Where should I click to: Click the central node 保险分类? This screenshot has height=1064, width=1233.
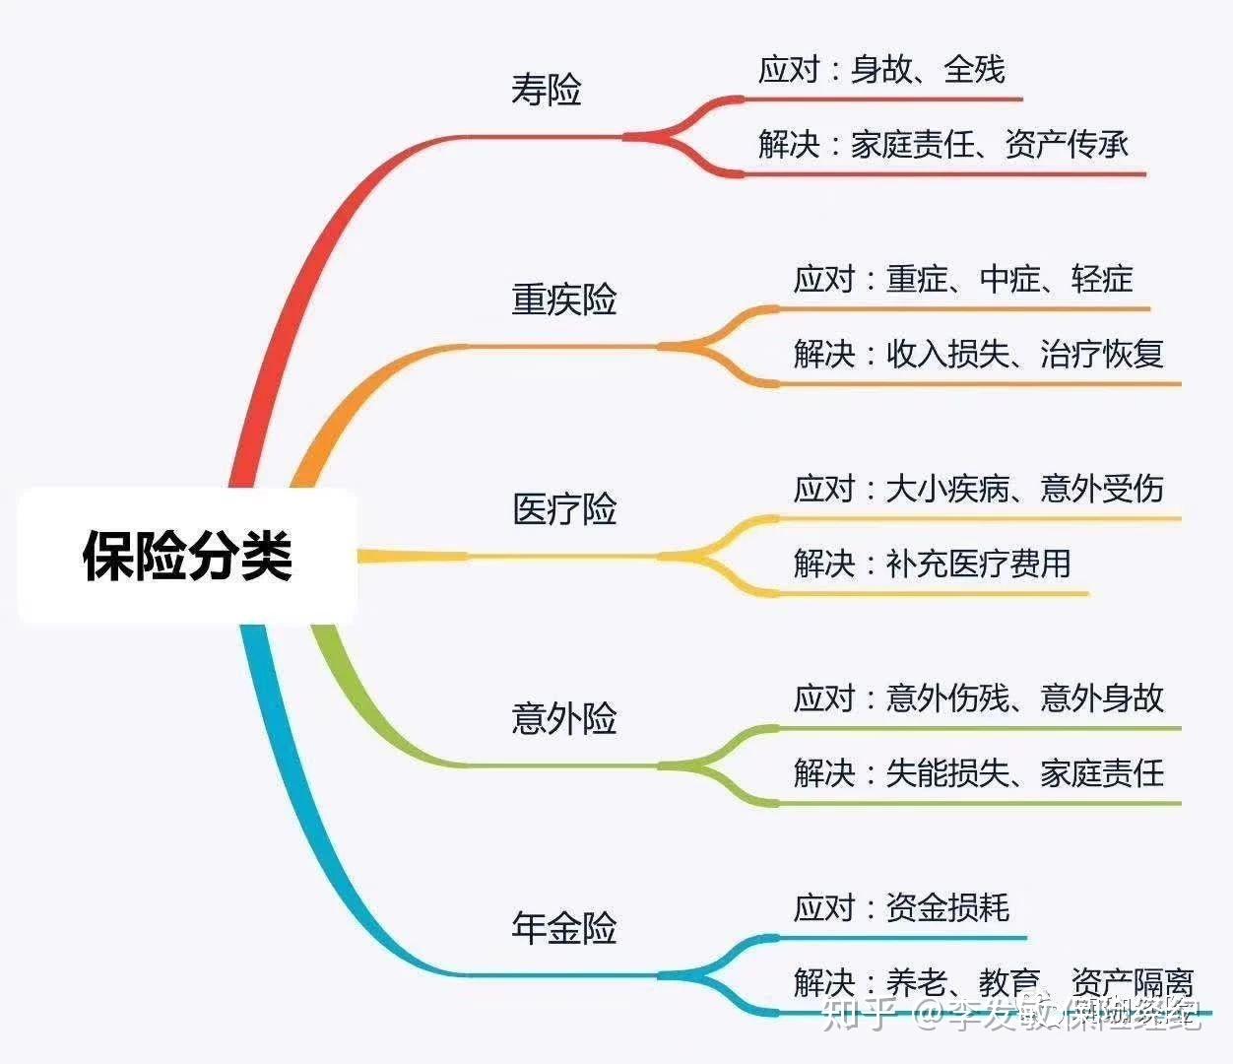187,556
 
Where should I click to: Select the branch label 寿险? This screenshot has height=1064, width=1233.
547,90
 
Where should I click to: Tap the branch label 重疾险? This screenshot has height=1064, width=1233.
564,299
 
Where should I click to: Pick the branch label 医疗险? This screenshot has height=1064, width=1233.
564,509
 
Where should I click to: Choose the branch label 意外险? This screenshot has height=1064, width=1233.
564,719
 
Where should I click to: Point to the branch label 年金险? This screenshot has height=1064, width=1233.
564,928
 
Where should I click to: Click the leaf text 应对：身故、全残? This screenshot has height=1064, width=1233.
881,70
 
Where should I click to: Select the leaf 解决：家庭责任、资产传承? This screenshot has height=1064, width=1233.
943,145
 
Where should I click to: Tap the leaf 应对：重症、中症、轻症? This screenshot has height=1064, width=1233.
963,280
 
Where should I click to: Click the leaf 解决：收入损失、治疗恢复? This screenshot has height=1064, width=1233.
979,354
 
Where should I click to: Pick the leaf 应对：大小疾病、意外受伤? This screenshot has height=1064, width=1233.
979,489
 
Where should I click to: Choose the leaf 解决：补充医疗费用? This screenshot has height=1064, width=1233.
932,565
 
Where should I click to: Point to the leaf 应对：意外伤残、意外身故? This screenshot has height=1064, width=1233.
979,698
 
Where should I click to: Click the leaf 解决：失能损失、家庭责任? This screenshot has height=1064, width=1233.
979,773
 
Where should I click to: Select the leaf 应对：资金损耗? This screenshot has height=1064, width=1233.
901,907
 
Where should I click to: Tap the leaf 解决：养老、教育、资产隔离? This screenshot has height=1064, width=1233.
993,982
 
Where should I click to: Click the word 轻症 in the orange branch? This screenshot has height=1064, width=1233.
1102,280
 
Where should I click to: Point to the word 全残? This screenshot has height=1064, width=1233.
974,70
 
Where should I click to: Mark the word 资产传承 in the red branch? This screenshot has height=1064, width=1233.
1067,145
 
